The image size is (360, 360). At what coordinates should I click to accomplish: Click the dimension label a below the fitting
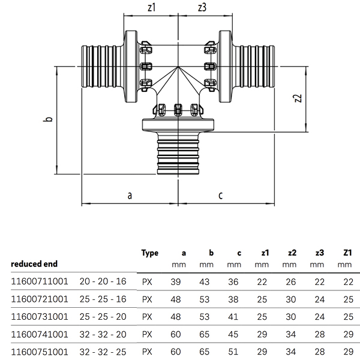click(x=129, y=195)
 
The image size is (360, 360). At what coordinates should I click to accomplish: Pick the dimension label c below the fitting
click(x=221, y=195)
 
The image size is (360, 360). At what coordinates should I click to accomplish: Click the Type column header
click(x=149, y=253)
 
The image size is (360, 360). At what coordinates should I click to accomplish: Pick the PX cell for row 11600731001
click(x=146, y=315)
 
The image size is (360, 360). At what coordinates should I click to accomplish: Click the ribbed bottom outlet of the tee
click(x=178, y=156)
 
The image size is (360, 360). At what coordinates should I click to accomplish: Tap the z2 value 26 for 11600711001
click(x=292, y=281)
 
